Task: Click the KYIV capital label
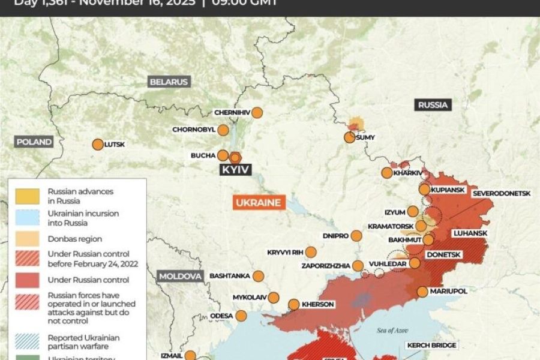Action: click(235, 170)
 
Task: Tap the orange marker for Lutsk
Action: click(97, 145)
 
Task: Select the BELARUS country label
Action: click(169, 82)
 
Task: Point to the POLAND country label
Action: click(34, 142)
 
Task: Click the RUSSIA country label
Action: click(433, 105)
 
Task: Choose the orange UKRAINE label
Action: click(258, 202)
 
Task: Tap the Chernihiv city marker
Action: click(257, 112)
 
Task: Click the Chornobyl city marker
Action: click(223, 130)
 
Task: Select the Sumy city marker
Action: click(349, 137)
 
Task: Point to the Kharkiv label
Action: click(408, 173)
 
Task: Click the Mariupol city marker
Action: click(422, 292)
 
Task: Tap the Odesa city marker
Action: click(241, 316)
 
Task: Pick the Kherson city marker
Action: click(294, 304)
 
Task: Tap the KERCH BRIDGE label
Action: click(432, 345)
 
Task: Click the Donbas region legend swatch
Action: click(27, 238)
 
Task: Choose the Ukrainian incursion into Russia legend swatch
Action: click(27, 217)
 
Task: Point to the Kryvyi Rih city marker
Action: click(311, 252)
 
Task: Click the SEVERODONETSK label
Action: click(502, 193)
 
